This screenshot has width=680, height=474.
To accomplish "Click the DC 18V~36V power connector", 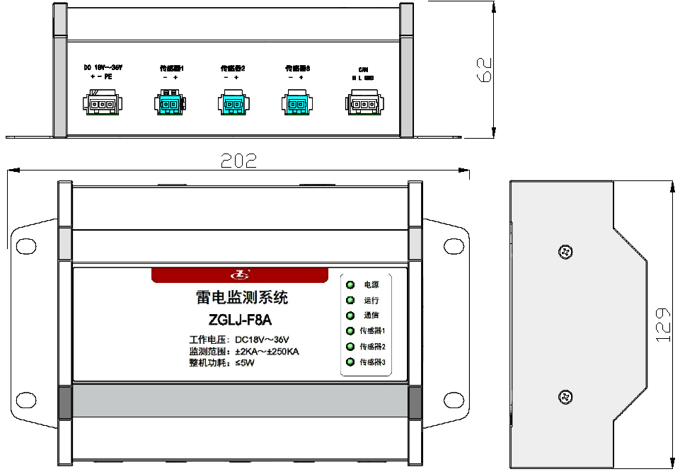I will click(102, 105).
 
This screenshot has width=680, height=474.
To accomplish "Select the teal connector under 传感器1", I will click(168, 104).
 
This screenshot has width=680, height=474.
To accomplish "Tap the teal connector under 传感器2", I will click(232, 105).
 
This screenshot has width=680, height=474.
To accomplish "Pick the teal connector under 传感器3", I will click(296, 105).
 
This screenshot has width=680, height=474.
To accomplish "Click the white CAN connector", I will click(362, 105).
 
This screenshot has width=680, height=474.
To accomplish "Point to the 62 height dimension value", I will click(484, 70).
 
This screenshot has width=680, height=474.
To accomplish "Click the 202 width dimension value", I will click(238, 160).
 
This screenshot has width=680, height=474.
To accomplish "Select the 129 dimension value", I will click(662, 325).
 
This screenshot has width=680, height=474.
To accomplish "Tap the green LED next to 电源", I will click(350, 285).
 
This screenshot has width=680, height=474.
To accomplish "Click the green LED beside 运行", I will click(350, 301).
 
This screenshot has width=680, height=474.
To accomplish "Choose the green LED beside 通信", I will click(350, 316).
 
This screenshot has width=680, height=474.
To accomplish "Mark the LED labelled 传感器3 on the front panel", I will click(350, 363).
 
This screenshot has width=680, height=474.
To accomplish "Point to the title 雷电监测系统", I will click(241, 298).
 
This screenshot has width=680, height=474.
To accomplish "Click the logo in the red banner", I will click(241, 274).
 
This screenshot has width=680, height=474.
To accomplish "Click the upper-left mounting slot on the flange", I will click(27, 245).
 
